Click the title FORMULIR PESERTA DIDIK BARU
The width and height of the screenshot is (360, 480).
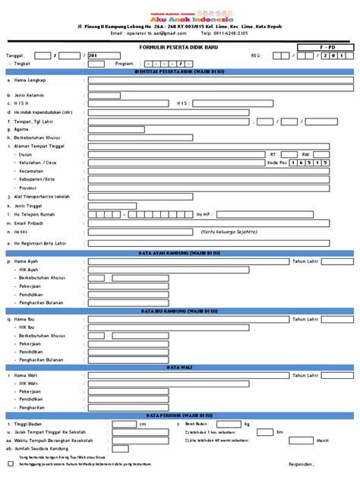point(179,46)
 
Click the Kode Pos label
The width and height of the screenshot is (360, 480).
point(276,162)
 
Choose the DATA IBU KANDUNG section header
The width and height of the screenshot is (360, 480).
point(179,310)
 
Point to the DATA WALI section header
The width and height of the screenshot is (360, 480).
point(179,366)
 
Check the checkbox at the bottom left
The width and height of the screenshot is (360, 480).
point(10,462)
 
